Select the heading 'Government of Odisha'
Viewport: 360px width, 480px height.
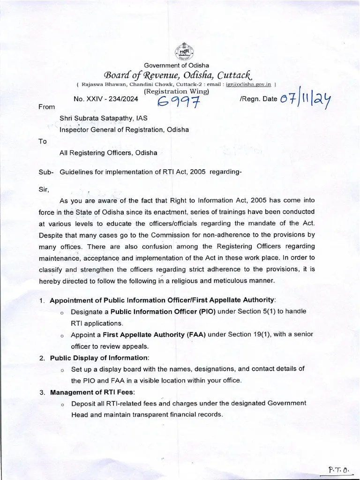tap(177, 65)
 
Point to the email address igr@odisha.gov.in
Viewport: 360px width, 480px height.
tap(248, 84)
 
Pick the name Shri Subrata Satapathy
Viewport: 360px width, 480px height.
tap(97, 119)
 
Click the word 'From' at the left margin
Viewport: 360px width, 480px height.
tap(46, 107)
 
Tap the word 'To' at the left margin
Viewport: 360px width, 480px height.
tap(43, 141)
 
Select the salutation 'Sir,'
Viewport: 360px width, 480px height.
tap(44, 189)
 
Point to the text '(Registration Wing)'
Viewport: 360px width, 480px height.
tap(176, 91)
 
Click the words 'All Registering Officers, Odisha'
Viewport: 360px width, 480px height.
tap(108, 153)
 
